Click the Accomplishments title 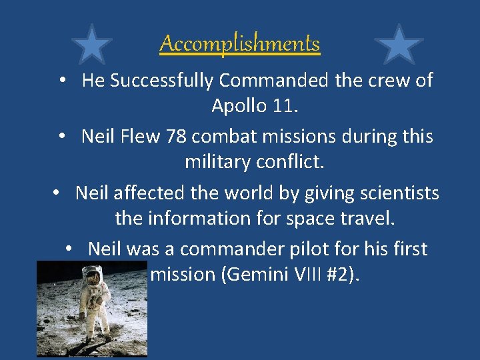240,44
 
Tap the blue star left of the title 91,45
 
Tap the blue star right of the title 399,45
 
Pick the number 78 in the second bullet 177,137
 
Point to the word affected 146,193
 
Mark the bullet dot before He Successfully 61,81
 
